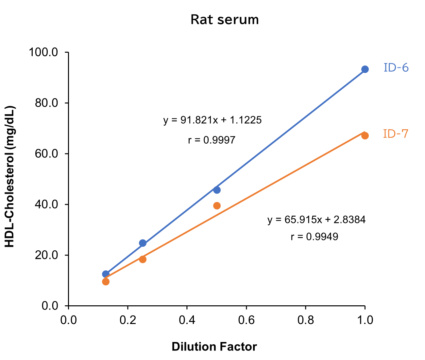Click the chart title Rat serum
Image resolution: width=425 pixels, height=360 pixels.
click(x=225, y=20)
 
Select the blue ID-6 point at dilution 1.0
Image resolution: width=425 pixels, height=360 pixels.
click(x=365, y=69)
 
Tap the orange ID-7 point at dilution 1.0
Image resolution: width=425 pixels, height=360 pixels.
click(x=365, y=135)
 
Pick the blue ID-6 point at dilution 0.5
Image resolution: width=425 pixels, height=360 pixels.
click(x=217, y=190)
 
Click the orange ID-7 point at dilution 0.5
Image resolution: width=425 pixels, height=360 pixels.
click(x=217, y=206)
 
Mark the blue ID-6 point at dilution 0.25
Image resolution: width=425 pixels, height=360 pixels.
click(x=143, y=243)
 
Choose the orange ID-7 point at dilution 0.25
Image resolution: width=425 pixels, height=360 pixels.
click(x=143, y=259)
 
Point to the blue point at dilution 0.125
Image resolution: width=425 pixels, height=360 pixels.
click(x=106, y=274)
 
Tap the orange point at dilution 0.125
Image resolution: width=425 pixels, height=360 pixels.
click(x=106, y=281)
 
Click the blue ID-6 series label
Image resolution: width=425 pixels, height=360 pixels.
click(x=396, y=68)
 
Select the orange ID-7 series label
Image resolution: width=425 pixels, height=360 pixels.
click(x=396, y=134)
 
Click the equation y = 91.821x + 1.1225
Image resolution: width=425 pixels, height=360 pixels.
click(x=212, y=120)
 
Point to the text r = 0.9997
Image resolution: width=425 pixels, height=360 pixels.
click(x=212, y=140)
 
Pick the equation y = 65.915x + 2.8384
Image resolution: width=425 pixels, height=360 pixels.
click(x=316, y=220)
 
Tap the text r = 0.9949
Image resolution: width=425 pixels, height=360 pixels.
click(x=314, y=237)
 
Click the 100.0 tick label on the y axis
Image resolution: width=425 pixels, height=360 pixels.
click(x=43, y=52)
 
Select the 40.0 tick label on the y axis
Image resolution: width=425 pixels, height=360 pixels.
click(x=46, y=205)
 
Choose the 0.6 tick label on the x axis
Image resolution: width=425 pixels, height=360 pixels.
click(x=246, y=320)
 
